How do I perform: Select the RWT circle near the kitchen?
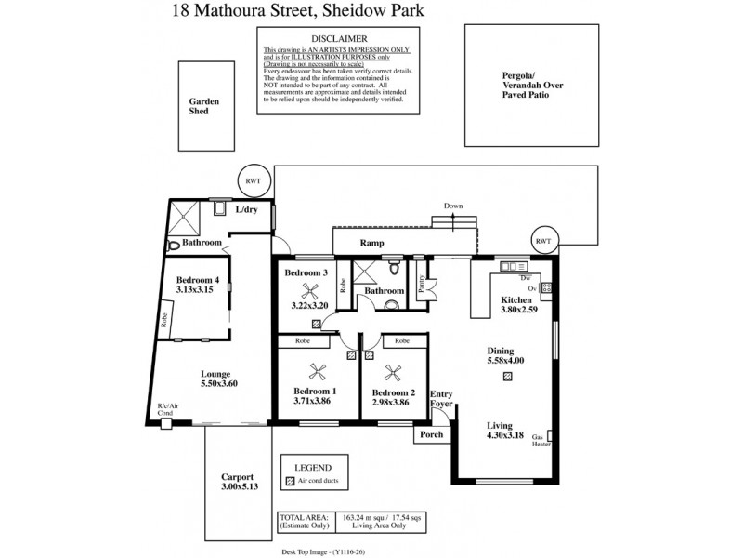pos(542,239)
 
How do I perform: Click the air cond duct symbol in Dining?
pos(507,377)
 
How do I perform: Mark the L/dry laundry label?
pos(245,209)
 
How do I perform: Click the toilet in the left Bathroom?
pos(175,246)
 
